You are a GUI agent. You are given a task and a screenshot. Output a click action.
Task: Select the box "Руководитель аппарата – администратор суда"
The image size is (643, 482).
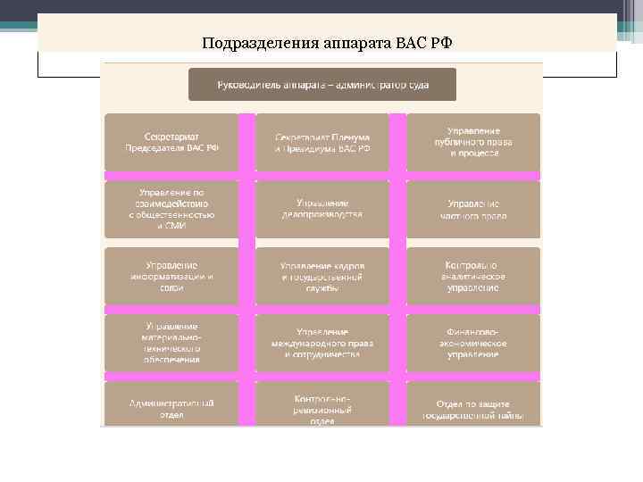[x=321, y=85]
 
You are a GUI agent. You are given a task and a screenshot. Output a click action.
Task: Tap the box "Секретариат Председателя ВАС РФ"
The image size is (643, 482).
[x=171, y=142]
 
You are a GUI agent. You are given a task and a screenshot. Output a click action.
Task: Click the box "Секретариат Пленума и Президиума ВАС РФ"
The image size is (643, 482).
[x=322, y=142]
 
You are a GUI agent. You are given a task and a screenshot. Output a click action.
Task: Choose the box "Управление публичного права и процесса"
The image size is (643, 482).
[x=474, y=142]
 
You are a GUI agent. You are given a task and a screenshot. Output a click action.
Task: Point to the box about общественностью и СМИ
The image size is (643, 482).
[x=171, y=210]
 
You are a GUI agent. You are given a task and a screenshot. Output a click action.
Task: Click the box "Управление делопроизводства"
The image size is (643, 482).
[x=322, y=210]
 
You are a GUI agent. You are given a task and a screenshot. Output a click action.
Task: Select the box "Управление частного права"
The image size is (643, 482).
[x=474, y=210]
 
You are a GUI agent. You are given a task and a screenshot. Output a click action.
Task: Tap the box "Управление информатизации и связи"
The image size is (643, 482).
[x=171, y=277]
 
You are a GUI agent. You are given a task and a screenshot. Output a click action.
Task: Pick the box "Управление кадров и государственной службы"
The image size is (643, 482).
[x=322, y=277]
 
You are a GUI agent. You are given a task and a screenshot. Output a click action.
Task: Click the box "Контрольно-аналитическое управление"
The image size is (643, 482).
[x=474, y=277]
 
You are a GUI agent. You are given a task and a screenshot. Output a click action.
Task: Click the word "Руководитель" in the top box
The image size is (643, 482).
[x=249, y=85]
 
